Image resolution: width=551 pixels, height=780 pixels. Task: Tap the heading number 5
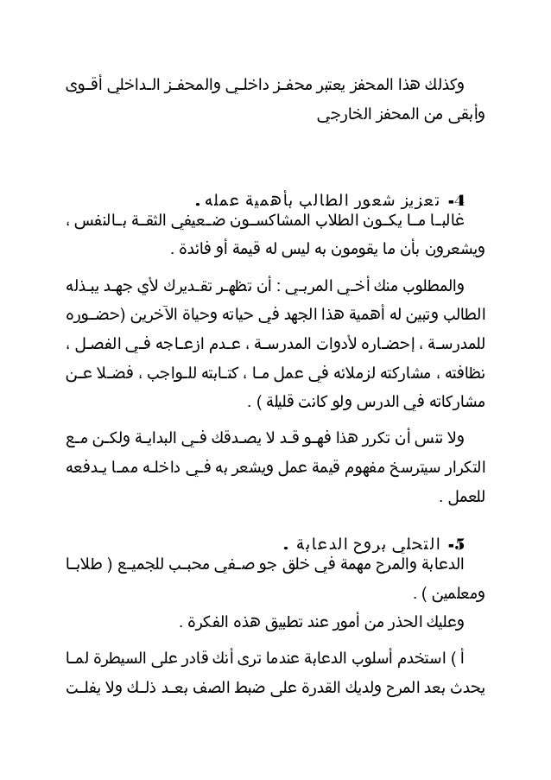click(459, 546)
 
